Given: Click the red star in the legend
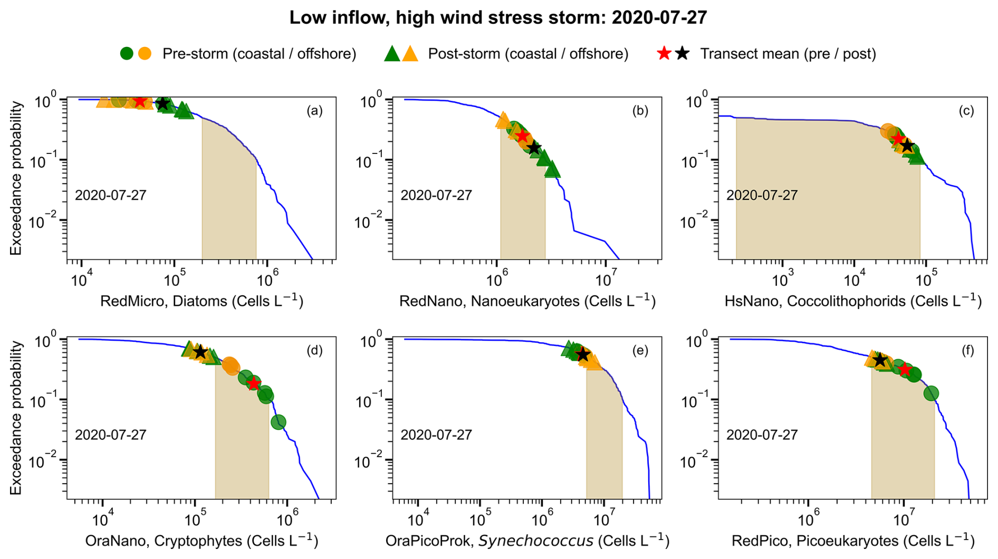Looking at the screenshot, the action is coord(664,53).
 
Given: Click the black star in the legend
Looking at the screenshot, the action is coord(683,53).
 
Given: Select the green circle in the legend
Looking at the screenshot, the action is coord(127,53).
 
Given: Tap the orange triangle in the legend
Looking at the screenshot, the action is coord(410,53).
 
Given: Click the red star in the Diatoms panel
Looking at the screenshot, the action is coord(140,101).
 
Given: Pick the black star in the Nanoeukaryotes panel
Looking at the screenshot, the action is coord(534,148).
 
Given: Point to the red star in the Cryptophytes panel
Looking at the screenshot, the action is coord(254,383).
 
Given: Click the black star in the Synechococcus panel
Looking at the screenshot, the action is coord(582,355).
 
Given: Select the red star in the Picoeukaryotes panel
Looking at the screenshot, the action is coord(905,370).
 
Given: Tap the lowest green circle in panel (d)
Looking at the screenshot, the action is coord(278,421).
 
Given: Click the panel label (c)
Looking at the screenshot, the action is coord(966,111).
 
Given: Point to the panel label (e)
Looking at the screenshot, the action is coord(640,350).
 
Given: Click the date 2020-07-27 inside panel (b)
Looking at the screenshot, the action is coord(436,195).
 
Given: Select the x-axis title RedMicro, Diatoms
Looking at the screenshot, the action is coord(201,301).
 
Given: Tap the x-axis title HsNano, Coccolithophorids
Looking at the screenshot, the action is coord(853,301).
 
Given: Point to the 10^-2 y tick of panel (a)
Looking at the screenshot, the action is coord(44,221).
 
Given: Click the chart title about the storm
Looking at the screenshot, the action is coord(498,17).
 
